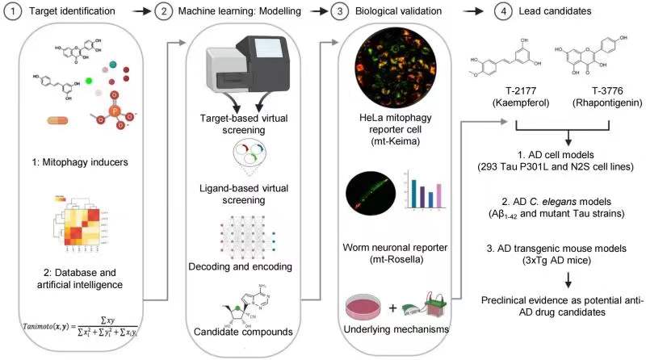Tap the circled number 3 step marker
pos(319,11)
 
